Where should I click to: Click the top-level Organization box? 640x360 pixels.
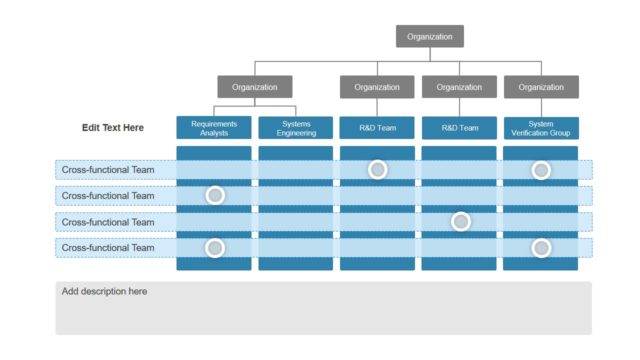coord(429,37)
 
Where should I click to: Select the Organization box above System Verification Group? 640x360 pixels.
coord(541,87)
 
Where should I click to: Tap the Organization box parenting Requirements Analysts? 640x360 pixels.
coord(255,87)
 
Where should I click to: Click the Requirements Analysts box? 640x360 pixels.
coord(214,128)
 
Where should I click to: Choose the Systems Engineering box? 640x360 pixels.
coord(296,128)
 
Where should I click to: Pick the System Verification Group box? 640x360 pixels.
coord(541,128)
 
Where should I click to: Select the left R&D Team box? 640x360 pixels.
coord(377,128)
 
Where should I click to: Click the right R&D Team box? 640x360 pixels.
coord(459,128)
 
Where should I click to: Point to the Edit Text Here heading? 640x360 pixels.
coord(113,128)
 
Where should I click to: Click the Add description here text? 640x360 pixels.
coord(105,292)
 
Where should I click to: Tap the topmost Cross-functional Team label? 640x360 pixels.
coord(108,170)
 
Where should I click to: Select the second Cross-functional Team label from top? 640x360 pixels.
coord(108,196)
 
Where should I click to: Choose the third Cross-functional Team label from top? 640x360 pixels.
coord(108,222)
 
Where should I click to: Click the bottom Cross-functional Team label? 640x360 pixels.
coord(108,247)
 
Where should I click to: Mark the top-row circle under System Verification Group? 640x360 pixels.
coord(541,170)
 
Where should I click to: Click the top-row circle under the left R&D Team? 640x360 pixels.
coord(377,170)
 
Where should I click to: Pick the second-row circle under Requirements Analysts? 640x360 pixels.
coord(214,195)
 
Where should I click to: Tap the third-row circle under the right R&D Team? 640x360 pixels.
coord(460,221)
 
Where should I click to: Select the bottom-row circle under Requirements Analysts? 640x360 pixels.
coord(214,247)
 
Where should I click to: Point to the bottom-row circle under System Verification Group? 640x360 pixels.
coord(541,247)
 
